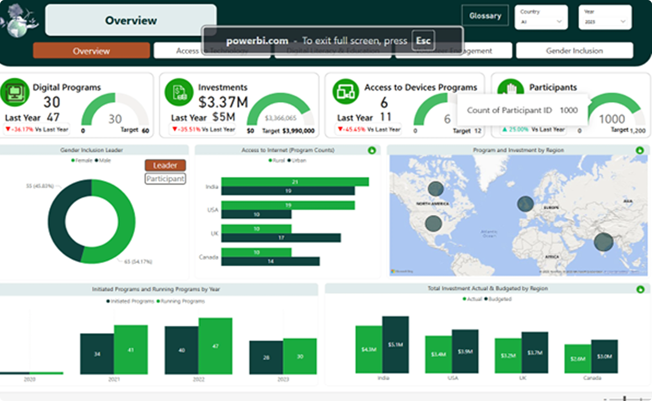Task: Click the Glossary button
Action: [485, 16]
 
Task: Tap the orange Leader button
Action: [165, 165]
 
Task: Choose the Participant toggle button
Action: [165, 179]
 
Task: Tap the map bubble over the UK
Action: [525, 204]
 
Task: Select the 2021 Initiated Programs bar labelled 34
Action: [97, 354]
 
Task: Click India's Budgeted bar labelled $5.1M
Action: [395, 345]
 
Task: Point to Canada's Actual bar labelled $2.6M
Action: [578, 359]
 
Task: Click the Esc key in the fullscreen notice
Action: [423, 41]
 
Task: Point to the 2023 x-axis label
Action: [283, 379]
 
